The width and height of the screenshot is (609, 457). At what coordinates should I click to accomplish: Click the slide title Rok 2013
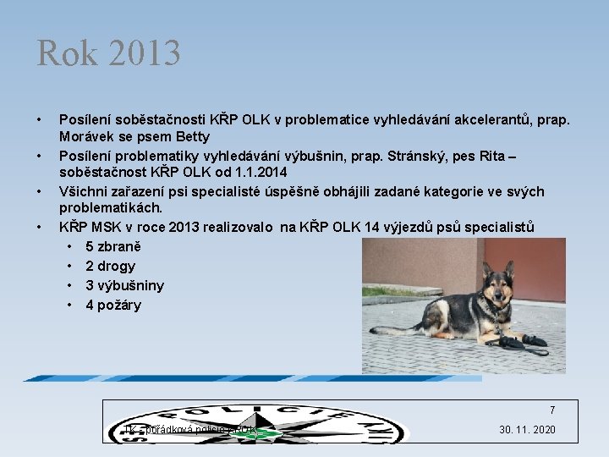[108, 53]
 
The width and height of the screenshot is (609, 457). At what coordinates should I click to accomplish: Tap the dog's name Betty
[191, 136]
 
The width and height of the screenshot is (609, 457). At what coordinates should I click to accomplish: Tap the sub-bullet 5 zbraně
[112, 246]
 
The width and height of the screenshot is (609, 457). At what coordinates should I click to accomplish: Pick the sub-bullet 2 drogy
[110, 266]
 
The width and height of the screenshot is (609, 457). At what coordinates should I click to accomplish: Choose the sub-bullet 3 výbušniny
[124, 285]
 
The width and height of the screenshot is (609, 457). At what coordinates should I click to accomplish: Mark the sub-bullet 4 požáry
[112, 305]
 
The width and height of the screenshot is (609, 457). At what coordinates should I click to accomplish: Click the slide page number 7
[552, 410]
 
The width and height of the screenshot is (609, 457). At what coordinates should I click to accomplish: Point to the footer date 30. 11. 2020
[527, 430]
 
